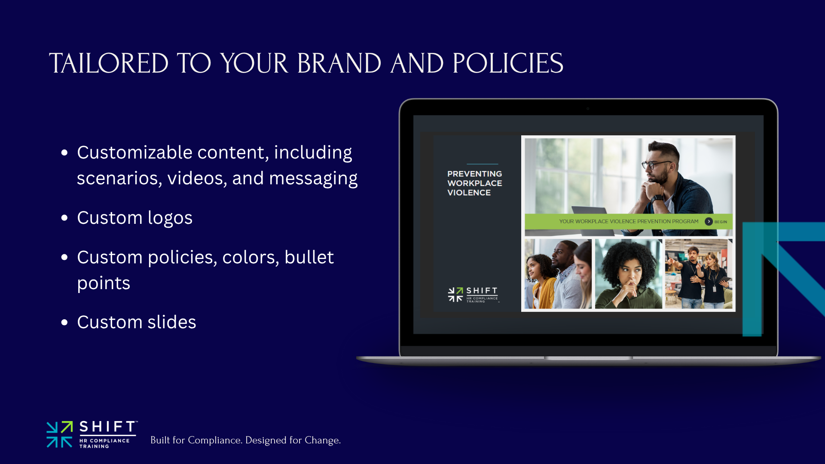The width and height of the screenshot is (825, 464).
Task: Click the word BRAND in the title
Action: tap(339, 63)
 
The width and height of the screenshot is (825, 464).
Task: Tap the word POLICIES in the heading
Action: tap(508, 63)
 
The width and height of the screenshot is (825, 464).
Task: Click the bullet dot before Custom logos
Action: tap(64, 218)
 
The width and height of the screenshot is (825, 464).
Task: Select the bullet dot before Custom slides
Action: tap(64, 322)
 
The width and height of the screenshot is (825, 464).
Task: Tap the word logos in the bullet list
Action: tap(170, 218)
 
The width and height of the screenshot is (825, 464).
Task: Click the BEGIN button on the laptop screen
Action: tap(716, 222)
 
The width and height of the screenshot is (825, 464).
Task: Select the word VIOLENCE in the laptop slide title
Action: tap(469, 193)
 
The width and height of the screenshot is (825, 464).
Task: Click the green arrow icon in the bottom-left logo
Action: tap(67, 427)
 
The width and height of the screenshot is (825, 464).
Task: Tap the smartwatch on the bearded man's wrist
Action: tap(657, 198)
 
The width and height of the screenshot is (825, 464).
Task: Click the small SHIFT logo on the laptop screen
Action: tap(473, 295)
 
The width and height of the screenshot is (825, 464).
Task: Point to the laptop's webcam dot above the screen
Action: tap(588, 109)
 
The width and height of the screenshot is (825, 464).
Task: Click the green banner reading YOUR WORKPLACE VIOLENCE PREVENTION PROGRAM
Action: tap(629, 221)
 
